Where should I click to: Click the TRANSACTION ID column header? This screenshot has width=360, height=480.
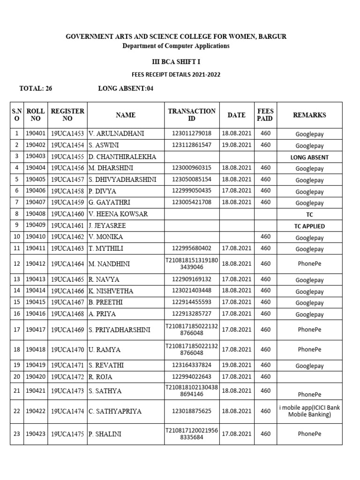pyautogui.click(x=192, y=115)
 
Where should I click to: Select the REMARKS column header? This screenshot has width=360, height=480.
pyautogui.click(x=309, y=115)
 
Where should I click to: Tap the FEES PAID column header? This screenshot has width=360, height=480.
pyautogui.click(x=265, y=115)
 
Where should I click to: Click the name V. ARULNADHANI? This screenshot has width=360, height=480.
pyautogui.click(x=116, y=134)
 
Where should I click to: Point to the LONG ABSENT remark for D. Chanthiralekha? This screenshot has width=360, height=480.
pyautogui.click(x=309, y=157)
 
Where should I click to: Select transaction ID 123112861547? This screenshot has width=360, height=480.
pyautogui.click(x=192, y=145)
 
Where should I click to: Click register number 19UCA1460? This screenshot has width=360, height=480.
pyautogui.click(x=67, y=214)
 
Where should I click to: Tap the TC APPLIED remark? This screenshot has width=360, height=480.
pyautogui.click(x=309, y=226)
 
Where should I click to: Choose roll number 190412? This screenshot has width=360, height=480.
pyautogui.click(x=36, y=264)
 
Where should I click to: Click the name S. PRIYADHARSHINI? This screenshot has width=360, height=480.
pyautogui.click(x=120, y=330)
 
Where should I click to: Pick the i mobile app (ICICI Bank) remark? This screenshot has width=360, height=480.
pyautogui.click(x=309, y=411)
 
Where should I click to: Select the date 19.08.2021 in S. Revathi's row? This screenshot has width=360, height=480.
pyautogui.click(x=237, y=365)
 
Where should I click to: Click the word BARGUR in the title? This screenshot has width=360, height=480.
pyautogui.click(x=274, y=37)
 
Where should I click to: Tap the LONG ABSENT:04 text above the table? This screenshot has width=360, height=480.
pyautogui.click(x=126, y=88)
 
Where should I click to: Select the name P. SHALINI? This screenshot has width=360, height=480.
pyautogui.click(x=105, y=434)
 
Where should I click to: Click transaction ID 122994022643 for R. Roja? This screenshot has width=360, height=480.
pyautogui.click(x=192, y=376)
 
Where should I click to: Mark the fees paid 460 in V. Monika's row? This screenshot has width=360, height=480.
pyautogui.click(x=265, y=237)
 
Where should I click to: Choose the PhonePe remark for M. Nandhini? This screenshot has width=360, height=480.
pyautogui.click(x=309, y=264)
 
